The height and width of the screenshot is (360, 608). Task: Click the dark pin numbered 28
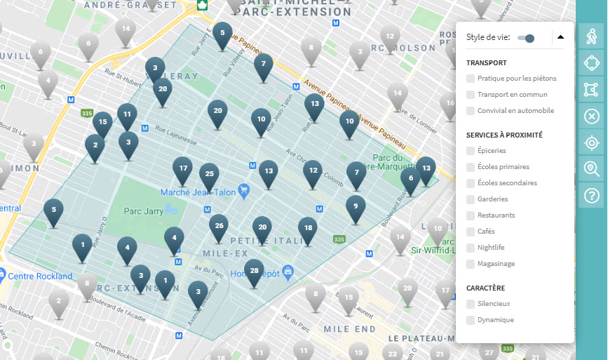(254, 272)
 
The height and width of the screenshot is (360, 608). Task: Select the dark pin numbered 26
(219, 227)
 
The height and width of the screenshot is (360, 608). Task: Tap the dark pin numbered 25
(208, 175)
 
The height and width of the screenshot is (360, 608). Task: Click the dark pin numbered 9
(356, 207)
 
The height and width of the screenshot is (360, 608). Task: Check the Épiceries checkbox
(471, 151)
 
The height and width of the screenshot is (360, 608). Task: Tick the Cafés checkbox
(471, 232)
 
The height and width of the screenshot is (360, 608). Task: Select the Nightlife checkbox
(471, 248)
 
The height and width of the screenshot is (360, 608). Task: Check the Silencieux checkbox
(471, 304)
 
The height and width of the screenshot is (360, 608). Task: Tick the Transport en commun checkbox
(471, 95)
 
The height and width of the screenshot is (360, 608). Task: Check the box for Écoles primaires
(471, 167)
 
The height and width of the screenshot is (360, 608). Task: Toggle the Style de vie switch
(526, 38)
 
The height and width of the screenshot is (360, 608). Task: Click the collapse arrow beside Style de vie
(560, 37)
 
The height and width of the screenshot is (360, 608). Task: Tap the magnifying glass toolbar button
(592, 168)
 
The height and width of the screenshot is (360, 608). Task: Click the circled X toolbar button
(592, 116)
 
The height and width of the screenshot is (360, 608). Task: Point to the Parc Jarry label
(143, 210)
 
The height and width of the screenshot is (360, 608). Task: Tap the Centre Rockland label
(41, 276)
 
